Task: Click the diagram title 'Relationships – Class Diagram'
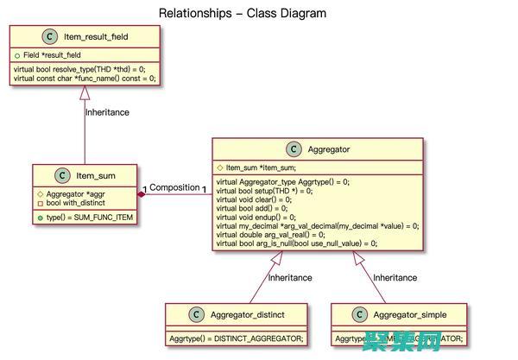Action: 243,13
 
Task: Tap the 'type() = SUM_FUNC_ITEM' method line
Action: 89,218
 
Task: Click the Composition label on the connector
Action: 174,187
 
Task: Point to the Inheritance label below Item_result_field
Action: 107,111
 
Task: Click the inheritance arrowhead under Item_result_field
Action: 85,94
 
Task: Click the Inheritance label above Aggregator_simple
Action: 395,277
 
